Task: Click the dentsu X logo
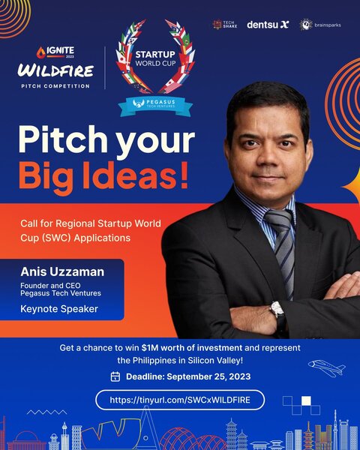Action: click(x=268, y=25)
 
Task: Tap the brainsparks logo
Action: click(x=320, y=25)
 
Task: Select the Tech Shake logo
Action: click(x=225, y=25)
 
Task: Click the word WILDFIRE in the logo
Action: click(x=55, y=71)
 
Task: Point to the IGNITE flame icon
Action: click(x=40, y=52)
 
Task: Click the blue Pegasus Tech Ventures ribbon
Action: click(x=155, y=105)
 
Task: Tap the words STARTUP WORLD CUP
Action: click(x=155, y=58)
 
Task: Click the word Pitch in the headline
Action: click(x=63, y=139)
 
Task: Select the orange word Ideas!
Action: click(x=136, y=175)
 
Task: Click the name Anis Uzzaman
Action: click(x=62, y=271)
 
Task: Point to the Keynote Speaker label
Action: click(x=59, y=309)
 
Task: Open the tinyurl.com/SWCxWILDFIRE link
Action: click(x=180, y=400)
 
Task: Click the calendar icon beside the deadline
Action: click(x=115, y=376)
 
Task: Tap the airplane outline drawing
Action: click(x=327, y=367)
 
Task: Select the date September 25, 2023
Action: click(x=208, y=376)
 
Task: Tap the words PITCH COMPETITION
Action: click(x=55, y=85)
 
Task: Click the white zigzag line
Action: click(x=46, y=412)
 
